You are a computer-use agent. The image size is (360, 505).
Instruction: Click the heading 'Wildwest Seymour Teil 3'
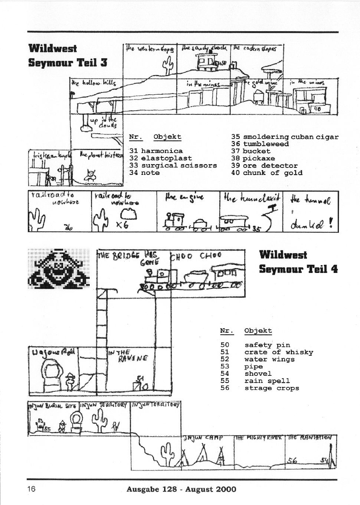coord(68,55)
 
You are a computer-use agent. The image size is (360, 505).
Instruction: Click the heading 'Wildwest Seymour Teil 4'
coord(298,262)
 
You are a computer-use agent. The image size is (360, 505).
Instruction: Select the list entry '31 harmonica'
coord(156,151)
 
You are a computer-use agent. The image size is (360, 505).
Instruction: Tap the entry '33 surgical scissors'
coord(173,165)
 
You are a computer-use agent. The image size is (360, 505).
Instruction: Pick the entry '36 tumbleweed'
coord(260,144)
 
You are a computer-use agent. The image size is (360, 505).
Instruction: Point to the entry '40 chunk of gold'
coord(266,173)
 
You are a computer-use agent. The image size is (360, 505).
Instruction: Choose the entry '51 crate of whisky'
coord(266,352)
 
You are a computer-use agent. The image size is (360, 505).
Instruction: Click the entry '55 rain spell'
coord(255,381)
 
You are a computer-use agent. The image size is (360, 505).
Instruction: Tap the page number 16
coord(31,489)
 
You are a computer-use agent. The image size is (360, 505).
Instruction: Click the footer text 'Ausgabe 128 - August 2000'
coord(181,489)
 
